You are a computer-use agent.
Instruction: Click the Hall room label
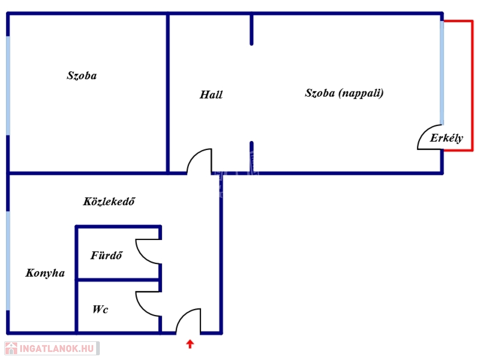(x=211, y=95)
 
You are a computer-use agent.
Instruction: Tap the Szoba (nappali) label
(x=344, y=93)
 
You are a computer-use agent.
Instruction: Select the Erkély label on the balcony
(x=446, y=138)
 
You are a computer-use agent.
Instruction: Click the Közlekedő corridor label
(x=109, y=201)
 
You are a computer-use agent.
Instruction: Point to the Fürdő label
(x=106, y=255)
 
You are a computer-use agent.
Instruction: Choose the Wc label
(x=100, y=309)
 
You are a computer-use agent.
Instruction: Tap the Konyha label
(x=45, y=273)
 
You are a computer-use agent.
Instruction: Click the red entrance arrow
(x=190, y=344)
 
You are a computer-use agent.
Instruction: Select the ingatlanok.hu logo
(x=52, y=348)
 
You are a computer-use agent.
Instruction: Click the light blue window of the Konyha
(x=8, y=261)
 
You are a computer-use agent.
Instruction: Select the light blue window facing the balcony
(x=442, y=73)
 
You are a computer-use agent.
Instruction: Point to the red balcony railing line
(x=472, y=86)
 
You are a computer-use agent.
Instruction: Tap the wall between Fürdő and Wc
(x=119, y=280)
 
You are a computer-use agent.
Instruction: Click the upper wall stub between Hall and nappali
(x=251, y=30)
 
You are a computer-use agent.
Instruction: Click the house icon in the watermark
(x=11, y=348)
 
